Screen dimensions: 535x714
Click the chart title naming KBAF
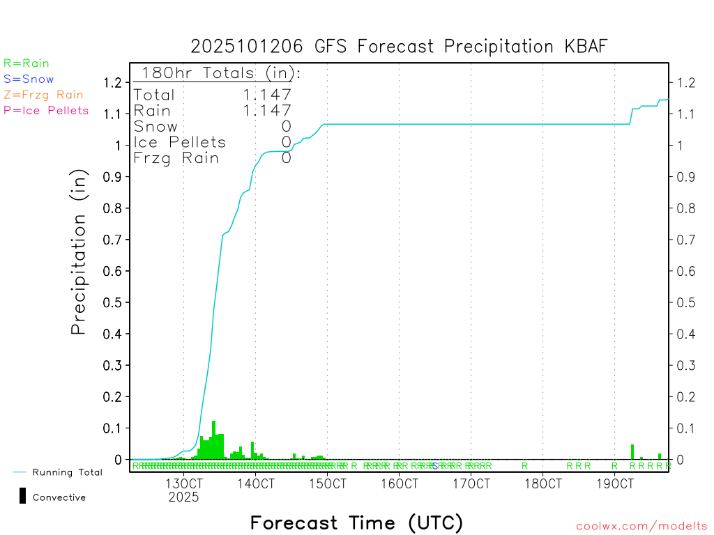tap(400, 46)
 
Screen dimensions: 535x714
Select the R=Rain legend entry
tap(26, 63)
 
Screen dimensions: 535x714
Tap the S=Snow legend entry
tap(29, 79)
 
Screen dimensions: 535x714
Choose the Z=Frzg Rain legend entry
tap(43, 95)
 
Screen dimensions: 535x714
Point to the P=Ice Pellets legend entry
tap(46, 110)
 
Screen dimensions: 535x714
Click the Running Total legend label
tap(67, 472)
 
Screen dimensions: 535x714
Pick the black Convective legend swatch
tap(23, 496)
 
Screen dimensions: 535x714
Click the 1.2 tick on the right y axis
tap(687, 83)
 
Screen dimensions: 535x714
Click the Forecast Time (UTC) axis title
tap(356, 522)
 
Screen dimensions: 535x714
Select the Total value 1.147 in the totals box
tap(267, 95)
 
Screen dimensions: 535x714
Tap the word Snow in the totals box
tap(155, 126)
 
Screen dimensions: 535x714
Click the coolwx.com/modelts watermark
tap(641, 527)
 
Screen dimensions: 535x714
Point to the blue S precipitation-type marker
tap(435, 465)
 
